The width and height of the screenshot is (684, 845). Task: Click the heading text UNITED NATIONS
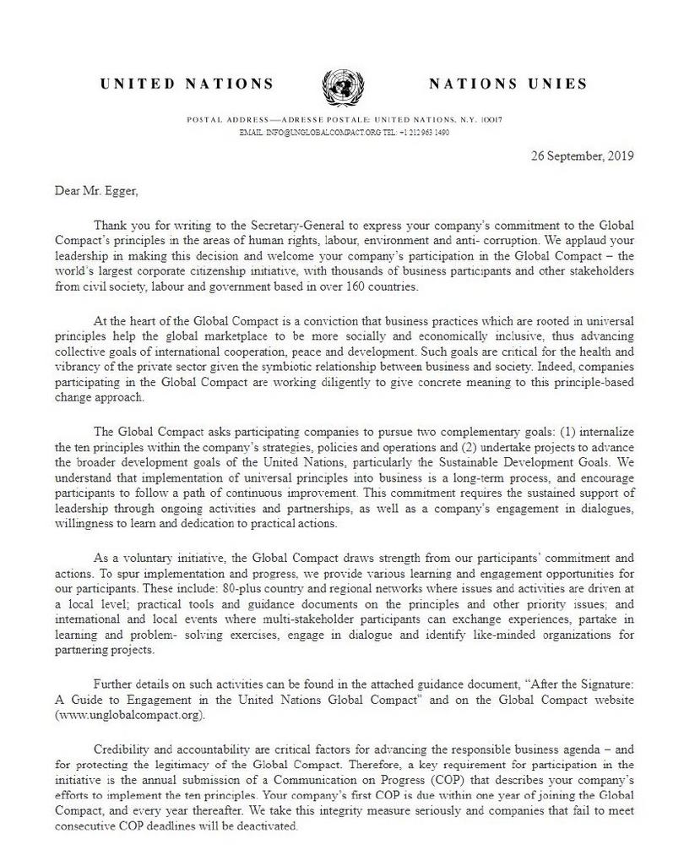click(186, 84)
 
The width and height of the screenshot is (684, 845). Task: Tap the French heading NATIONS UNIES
click(507, 84)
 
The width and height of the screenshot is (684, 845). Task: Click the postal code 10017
click(491, 120)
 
